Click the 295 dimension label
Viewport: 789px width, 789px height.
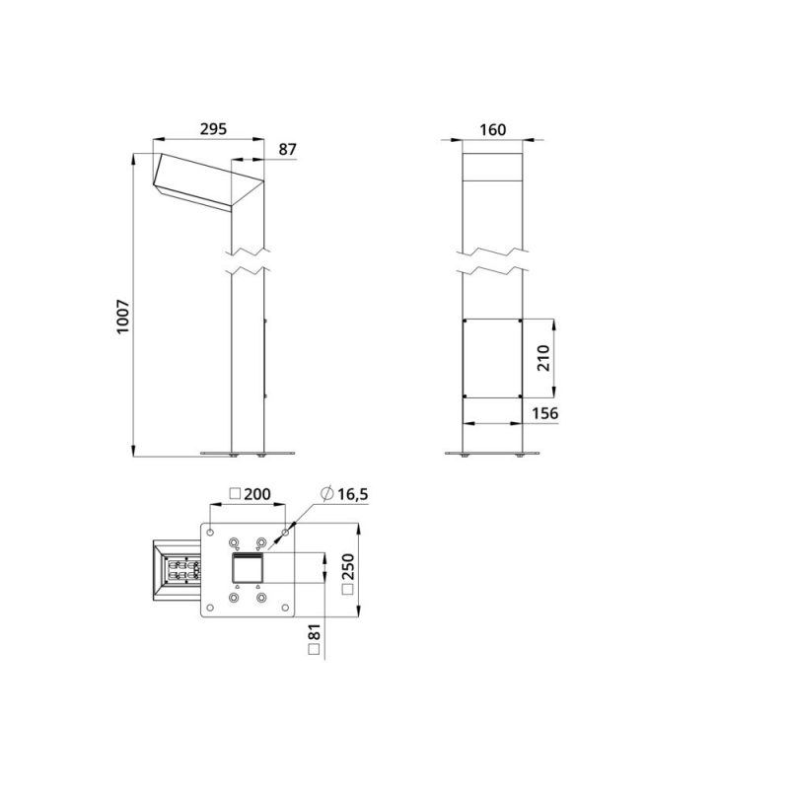click(213, 129)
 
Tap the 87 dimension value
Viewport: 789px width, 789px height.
click(287, 150)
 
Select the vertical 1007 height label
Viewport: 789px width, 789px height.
click(122, 317)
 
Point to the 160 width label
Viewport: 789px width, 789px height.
click(492, 130)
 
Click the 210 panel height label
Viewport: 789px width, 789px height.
click(543, 358)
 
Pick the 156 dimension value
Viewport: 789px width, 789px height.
click(545, 413)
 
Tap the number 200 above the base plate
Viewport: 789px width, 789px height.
click(257, 494)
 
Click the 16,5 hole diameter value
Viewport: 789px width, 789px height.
click(352, 494)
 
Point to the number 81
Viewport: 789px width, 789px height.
click(314, 632)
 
